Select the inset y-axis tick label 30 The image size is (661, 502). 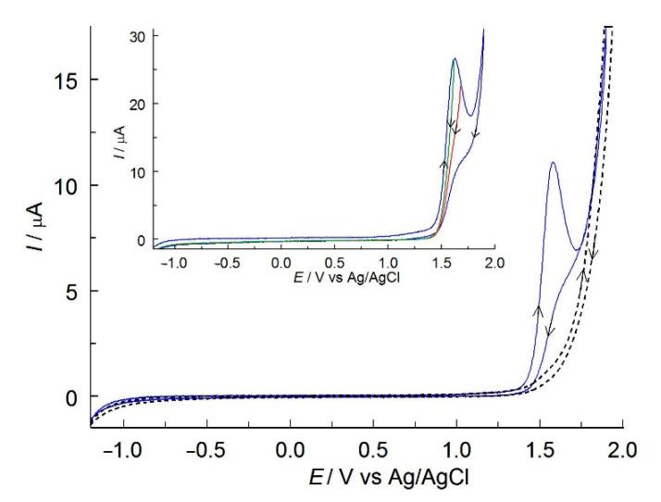144,35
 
